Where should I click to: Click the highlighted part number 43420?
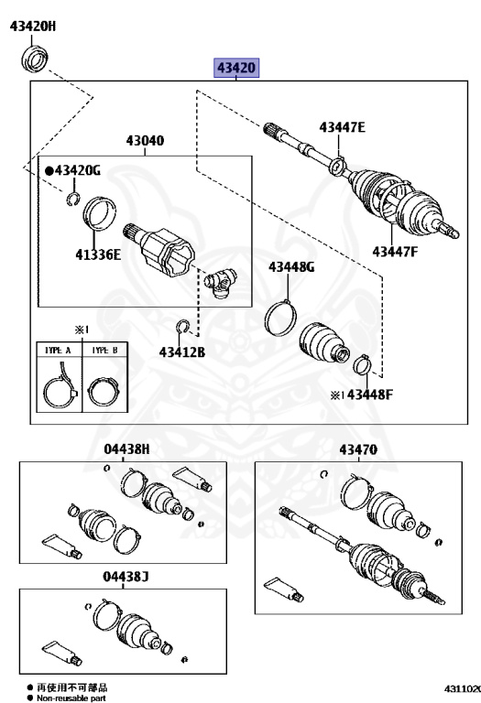236,68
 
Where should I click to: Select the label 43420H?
33,27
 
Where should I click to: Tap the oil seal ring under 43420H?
34,59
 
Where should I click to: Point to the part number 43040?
145,141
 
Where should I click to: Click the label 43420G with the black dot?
73,170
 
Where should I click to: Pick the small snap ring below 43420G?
73,198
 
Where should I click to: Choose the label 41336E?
98,254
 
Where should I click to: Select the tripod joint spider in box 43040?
220,284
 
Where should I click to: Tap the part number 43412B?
182,352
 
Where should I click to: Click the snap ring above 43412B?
183,327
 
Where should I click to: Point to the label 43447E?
343,127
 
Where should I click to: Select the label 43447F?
395,252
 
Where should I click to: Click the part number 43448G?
291,267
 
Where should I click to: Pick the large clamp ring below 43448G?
281,318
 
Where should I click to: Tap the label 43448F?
370,395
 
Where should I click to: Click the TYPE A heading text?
58,351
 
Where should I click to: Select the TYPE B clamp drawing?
104,392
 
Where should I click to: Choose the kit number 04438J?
126,576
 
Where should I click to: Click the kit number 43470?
358,449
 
